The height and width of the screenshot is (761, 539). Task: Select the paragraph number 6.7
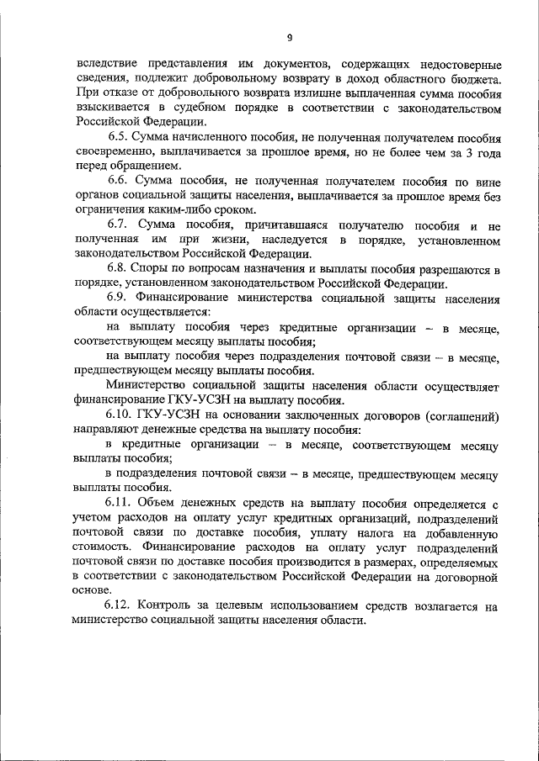pyautogui.click(x=118, y=225)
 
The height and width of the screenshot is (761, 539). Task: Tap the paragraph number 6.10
pyautogui.click(x=122, y=415)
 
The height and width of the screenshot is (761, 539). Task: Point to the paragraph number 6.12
pyautogui.click(x=120, y=605)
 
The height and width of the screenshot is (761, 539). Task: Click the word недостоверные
pyautogui.click(x=459, y=65)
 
